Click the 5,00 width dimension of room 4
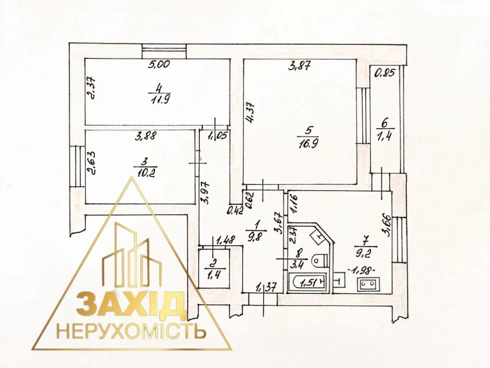tap(159, 65)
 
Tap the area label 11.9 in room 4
tap(159, 100)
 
